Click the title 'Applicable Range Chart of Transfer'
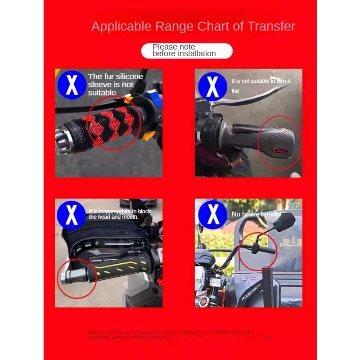[x=193, y=26]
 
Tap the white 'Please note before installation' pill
[x=187, y=50]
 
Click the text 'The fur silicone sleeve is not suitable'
[x=115, y=85]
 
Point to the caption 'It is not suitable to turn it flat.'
[x=261, y=85]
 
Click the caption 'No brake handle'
[x=256, y=214]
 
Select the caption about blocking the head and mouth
[x=120, y=214]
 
